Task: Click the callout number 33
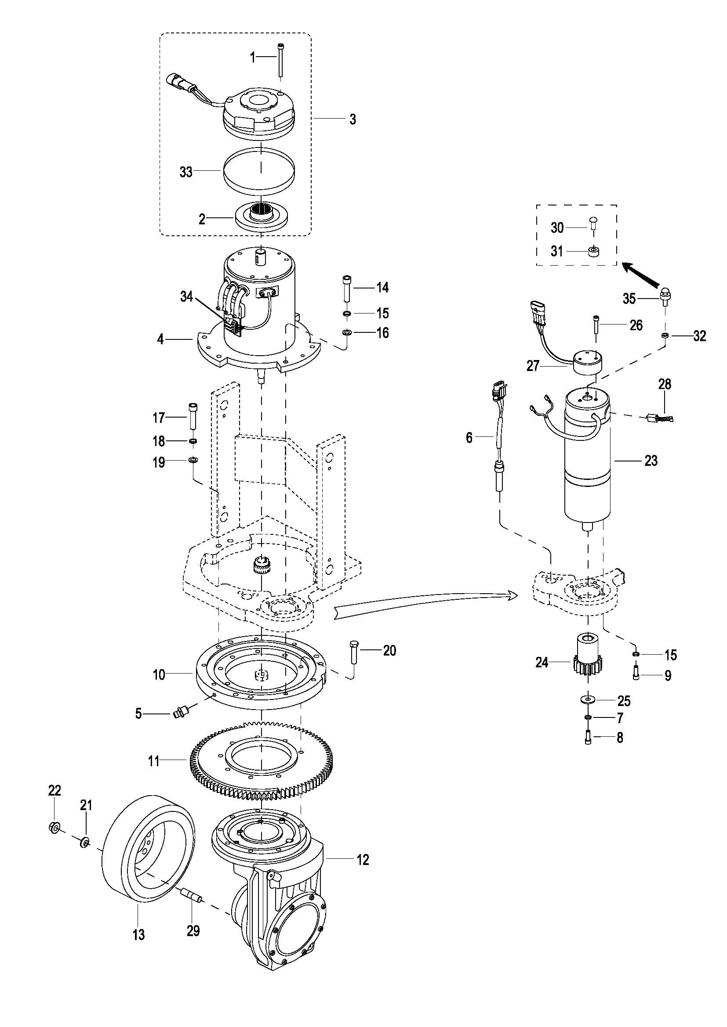click(186, 172)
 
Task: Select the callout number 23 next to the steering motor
click(651, 460)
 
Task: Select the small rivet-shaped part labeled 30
click(593, 222)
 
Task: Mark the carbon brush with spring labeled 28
click(659, 419)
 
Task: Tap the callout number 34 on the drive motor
click(187, 296)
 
